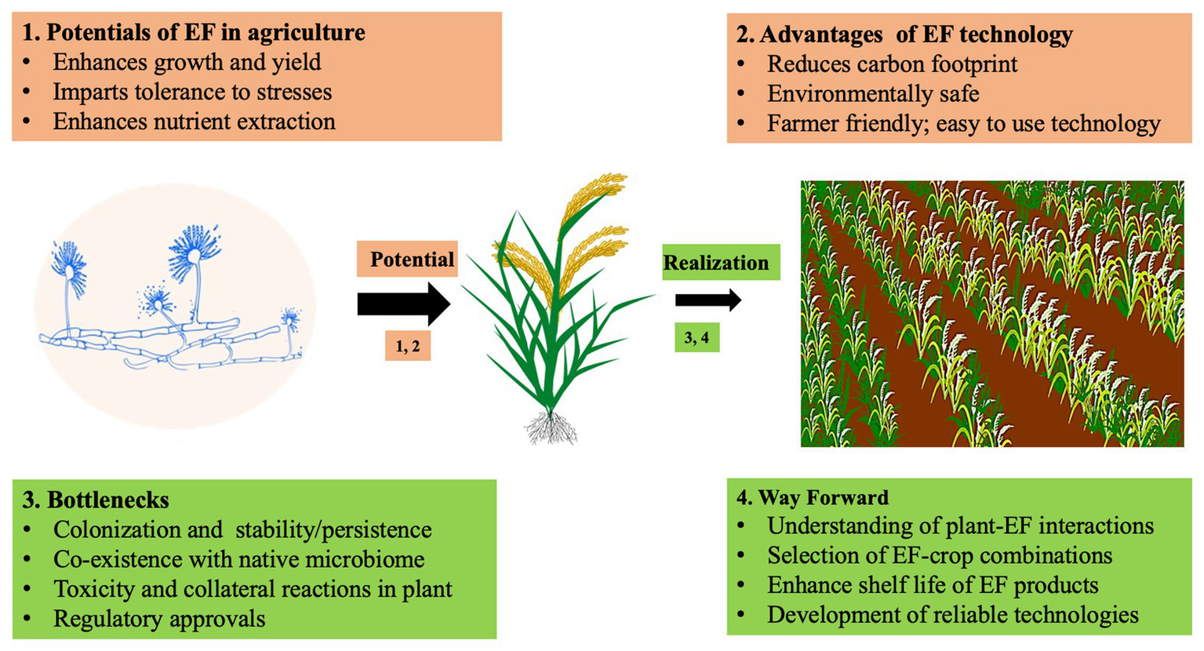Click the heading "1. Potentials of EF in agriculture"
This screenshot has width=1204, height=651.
194,33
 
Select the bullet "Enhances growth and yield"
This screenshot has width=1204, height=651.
187,63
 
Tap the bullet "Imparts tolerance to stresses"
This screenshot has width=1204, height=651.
192,93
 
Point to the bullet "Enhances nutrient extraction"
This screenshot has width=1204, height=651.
194,122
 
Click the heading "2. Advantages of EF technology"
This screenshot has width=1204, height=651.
904,35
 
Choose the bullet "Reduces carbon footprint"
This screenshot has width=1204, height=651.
892,64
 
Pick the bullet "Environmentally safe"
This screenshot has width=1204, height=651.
873,94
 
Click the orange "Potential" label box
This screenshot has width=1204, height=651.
408,260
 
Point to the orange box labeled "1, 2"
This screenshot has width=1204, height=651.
408,346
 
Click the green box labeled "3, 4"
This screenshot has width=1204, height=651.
697,338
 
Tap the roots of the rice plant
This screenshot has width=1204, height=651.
551,427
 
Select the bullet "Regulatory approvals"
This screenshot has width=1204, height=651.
159,619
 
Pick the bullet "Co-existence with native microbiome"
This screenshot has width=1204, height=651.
238,559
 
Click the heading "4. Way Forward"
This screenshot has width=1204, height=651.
813,497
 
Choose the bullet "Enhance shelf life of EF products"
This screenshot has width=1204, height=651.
933,585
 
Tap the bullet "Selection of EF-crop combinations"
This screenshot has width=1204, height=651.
940,555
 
